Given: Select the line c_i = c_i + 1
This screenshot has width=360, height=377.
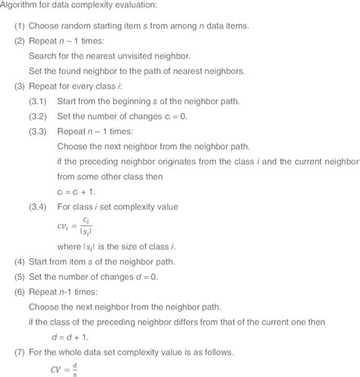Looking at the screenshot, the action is click(77, 191).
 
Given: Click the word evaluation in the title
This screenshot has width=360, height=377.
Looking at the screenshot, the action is click(156, 7).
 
